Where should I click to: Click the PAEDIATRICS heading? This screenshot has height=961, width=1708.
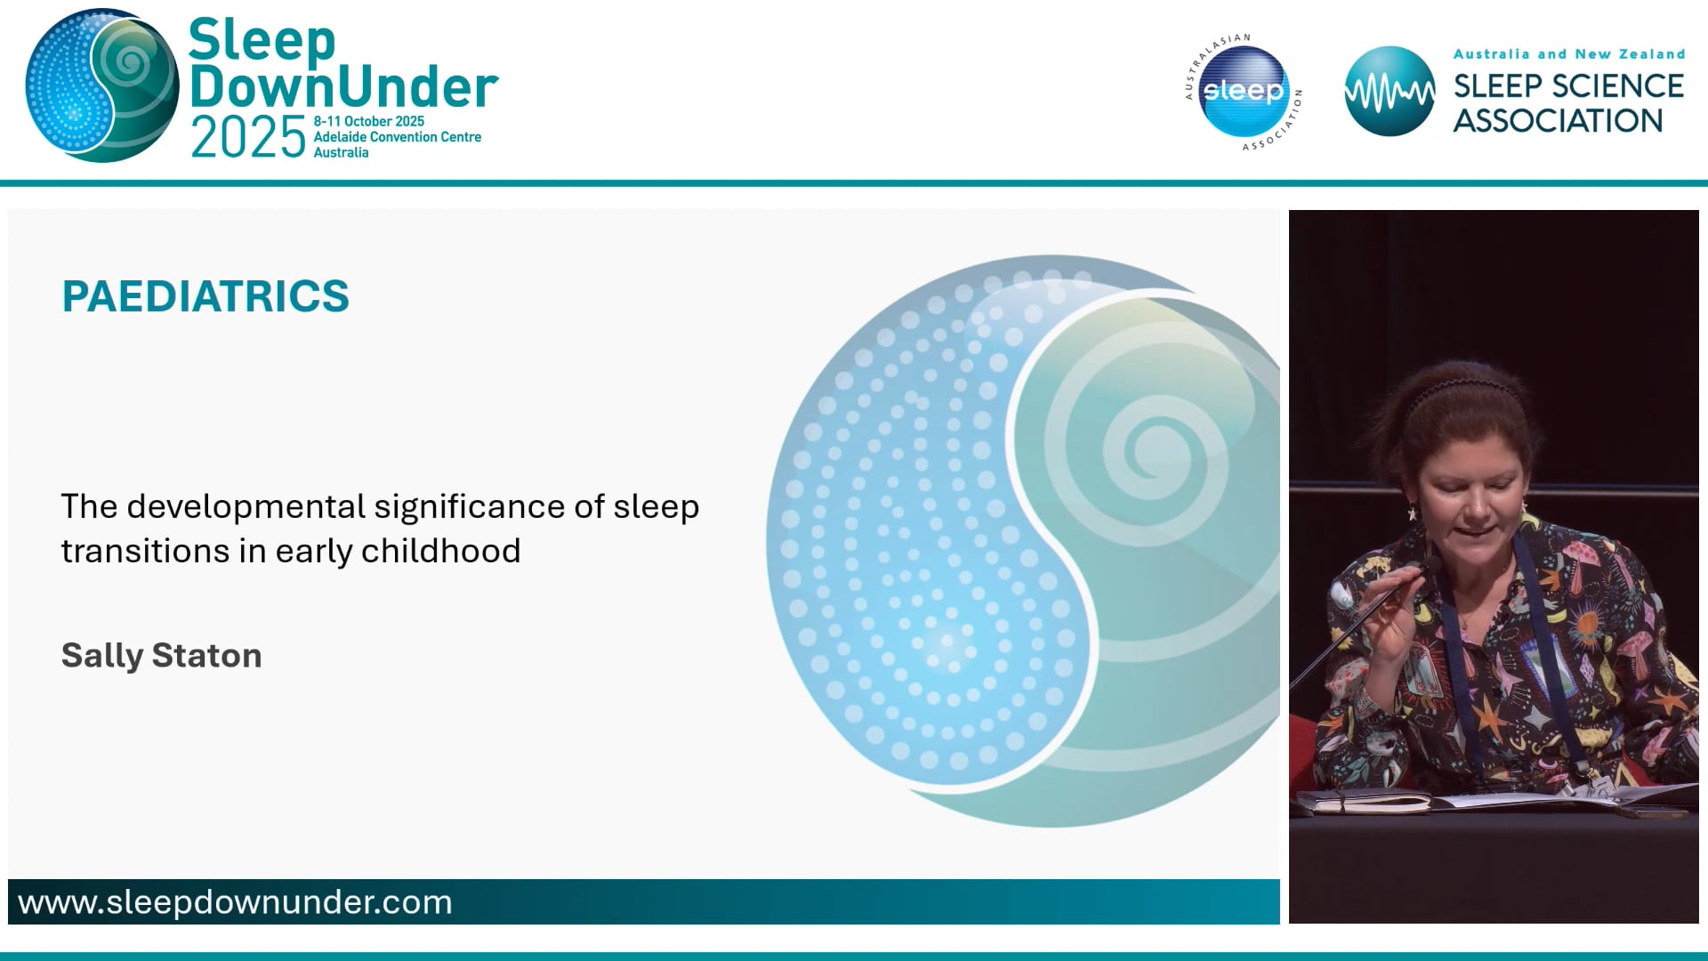pyautogui.click(x=205, y=296)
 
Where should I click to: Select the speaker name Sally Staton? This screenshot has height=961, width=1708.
pyautogui.click(x=161, y=656)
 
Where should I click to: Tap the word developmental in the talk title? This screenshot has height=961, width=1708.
pyautogui.click(x=246, y=506)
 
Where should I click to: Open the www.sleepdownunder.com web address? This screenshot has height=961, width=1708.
pyautogui.click(x=235, y=902)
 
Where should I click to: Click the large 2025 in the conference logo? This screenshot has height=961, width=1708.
pyautogui.click(x=248, y=138)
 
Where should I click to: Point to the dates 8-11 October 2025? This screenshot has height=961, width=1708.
pyautogui.click(x=368, y=121)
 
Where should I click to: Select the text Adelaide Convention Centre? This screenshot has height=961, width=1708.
pyautogui.click(x=397, y=137)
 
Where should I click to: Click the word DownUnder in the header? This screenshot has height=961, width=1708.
pyautogui.click(x=343, y=87)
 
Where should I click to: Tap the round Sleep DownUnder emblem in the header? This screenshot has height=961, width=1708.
pyautogui.click(x=102, y=86)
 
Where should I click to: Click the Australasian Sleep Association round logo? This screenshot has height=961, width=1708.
pyautogui.click(x=1243, y=92)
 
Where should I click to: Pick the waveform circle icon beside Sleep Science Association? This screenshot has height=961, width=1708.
pyautogui.click(x=1389, y=92)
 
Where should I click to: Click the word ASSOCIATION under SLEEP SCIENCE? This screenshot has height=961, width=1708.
pyautogui.click(x=1558, y=121)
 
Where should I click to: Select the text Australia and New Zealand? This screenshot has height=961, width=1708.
pyautogui.click(x=1568, y=54)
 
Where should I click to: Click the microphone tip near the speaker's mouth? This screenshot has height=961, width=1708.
pyautogui.click(x=1431, y=563)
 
